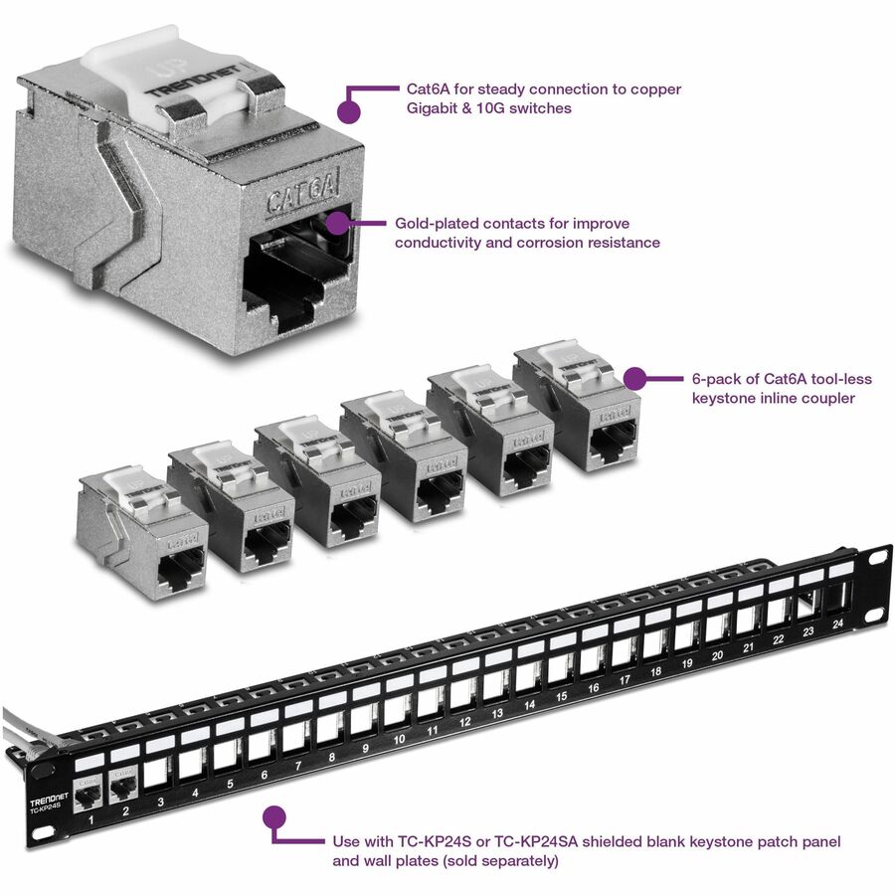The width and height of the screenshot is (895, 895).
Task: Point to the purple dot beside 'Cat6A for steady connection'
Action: point(349,108)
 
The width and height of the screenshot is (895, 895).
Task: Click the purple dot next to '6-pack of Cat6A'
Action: point(634,379)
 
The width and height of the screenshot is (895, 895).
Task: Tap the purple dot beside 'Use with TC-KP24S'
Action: point(274,817)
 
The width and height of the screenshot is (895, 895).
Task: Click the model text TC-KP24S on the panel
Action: point(46,813)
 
